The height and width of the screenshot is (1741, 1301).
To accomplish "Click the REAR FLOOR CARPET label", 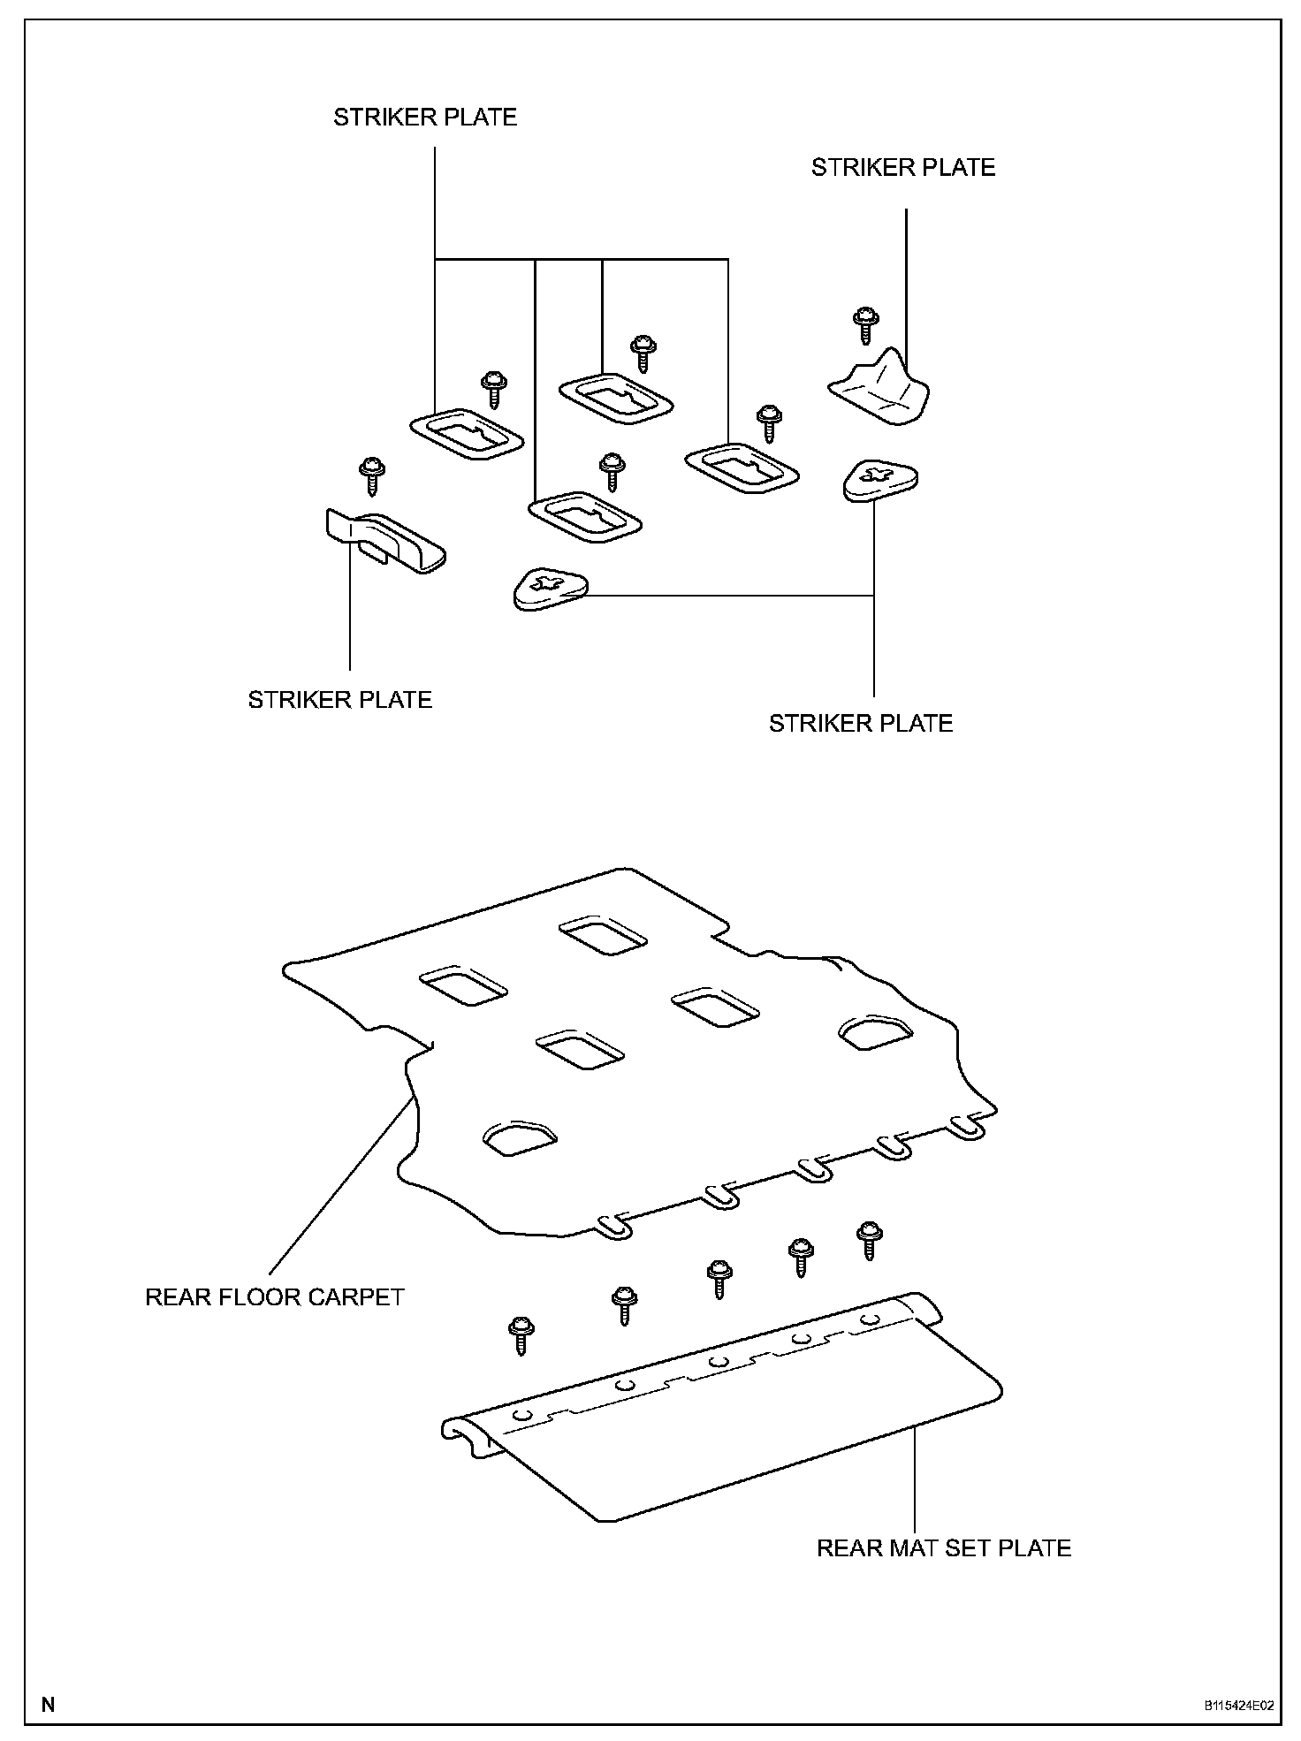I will [274, 1296].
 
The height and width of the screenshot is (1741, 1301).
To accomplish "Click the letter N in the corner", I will [48, 1704].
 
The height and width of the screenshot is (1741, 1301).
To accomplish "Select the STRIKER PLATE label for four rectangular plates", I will [424, 118].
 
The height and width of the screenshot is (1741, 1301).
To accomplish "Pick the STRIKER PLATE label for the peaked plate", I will [902, 168].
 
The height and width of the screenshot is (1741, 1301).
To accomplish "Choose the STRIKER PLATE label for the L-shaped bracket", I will [339, 700].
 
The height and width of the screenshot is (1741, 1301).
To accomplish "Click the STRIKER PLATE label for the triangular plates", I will [860, 724].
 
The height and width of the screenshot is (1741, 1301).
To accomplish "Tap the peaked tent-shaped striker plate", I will [880, 389].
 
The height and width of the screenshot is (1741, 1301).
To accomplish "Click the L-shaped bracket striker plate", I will [385, 541].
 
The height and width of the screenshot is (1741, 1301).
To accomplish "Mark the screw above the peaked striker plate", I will [866, 325].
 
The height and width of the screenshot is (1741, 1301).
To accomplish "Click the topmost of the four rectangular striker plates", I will [617, 399].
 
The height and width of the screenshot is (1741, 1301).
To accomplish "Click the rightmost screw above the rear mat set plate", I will [870, 1240].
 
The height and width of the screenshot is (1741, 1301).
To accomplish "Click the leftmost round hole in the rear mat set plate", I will [522, 1416].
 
